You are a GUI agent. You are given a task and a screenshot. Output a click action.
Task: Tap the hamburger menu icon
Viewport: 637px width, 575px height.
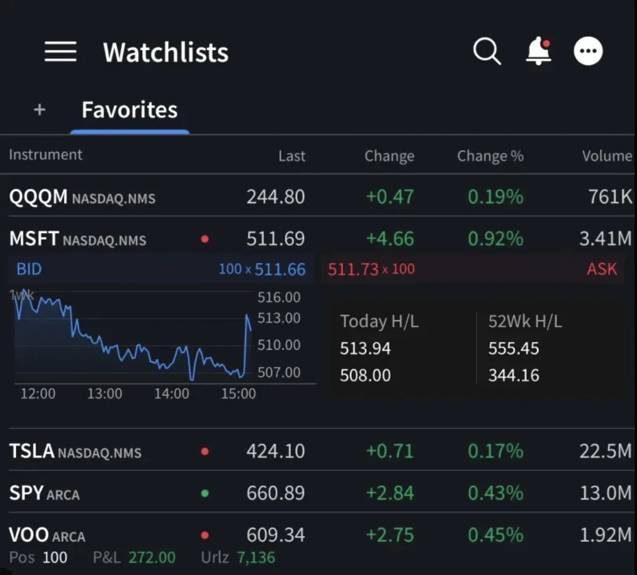[x=61, y=52]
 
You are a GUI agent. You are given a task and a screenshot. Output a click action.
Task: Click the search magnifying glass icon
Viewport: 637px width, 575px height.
[x=487, y=51]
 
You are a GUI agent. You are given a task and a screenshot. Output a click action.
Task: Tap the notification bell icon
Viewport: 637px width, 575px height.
[x=538, y=51]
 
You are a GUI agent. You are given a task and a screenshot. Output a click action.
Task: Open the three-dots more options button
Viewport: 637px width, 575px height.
[x=588, y=51]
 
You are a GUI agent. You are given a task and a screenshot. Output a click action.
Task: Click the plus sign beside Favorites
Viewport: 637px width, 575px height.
[x=40, y=110]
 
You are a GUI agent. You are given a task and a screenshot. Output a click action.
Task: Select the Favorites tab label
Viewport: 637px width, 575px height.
[x=130, y=110]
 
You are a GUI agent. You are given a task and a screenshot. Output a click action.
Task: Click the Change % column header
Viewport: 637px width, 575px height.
[x=490, y=156]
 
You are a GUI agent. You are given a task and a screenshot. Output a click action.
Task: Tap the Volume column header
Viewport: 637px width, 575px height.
[x=606, y=156]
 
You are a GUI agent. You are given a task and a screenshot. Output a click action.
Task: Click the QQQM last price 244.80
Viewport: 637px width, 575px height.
[x=276, y=197]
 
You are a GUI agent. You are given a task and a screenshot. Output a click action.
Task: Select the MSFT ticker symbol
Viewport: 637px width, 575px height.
[x=34, y=239]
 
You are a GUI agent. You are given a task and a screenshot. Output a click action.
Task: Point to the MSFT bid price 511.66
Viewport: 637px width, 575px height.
[x=280, y=269]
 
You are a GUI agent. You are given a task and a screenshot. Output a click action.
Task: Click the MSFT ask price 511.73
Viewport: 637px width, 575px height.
[x=353, y=269]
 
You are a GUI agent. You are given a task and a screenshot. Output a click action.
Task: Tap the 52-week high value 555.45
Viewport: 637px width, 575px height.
[x=514, y=349]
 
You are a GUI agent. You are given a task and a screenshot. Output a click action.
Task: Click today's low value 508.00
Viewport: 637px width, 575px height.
[x=365, y=376]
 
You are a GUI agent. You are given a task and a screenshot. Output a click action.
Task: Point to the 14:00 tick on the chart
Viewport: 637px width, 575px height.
[x=172, y=393]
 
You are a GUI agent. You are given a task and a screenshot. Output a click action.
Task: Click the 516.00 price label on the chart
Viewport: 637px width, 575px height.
[x=279, y=297]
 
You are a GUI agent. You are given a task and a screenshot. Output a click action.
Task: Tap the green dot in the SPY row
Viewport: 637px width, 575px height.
[x=205, y=493]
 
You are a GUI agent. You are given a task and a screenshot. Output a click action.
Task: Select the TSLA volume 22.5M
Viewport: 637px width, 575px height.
[x=605, y=451]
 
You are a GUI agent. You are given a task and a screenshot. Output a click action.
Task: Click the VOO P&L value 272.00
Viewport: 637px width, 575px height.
[x=152, y=557]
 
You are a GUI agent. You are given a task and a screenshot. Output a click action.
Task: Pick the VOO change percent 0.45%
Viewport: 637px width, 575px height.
[x=495, y=535]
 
